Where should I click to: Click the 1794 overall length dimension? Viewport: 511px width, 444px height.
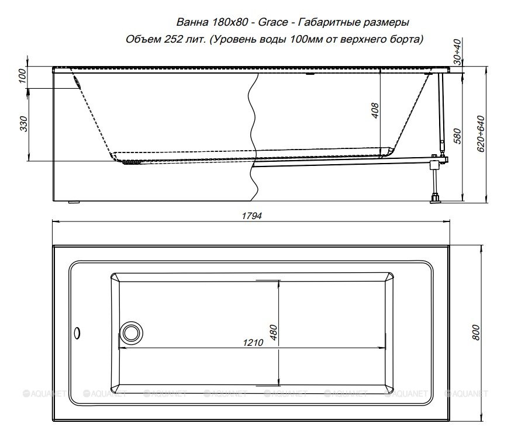tap(251, 216)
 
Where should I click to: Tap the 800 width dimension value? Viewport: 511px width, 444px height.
tap(476, 332)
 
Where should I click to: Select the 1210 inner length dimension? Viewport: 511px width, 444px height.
tap(253, 343)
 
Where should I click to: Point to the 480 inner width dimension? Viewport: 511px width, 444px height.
tap(274, 332)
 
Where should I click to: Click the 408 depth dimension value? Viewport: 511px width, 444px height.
tap(375, 110)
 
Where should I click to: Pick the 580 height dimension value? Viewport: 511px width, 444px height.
tap(457, 137)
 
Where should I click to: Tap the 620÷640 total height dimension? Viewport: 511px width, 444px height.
tap(481, 134)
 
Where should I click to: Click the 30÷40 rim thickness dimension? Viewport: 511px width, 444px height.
tap(458, 52)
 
